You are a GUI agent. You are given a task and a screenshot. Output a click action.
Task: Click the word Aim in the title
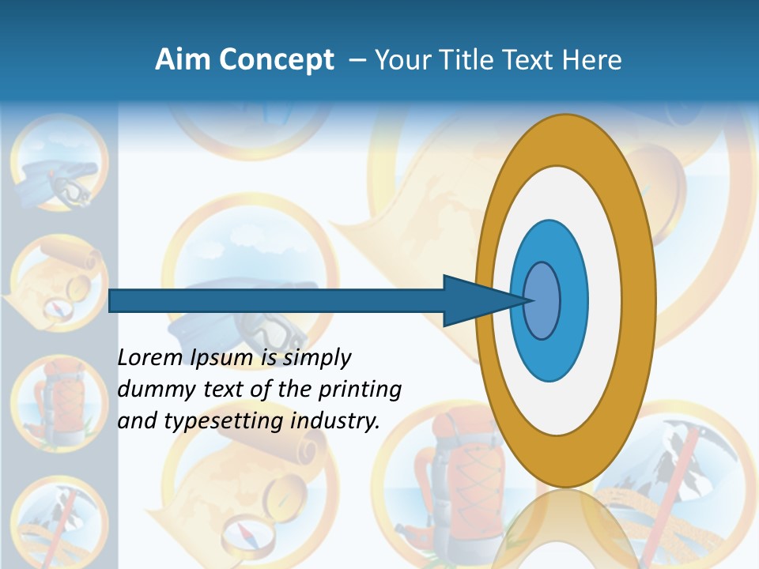(x=182, y=59)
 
